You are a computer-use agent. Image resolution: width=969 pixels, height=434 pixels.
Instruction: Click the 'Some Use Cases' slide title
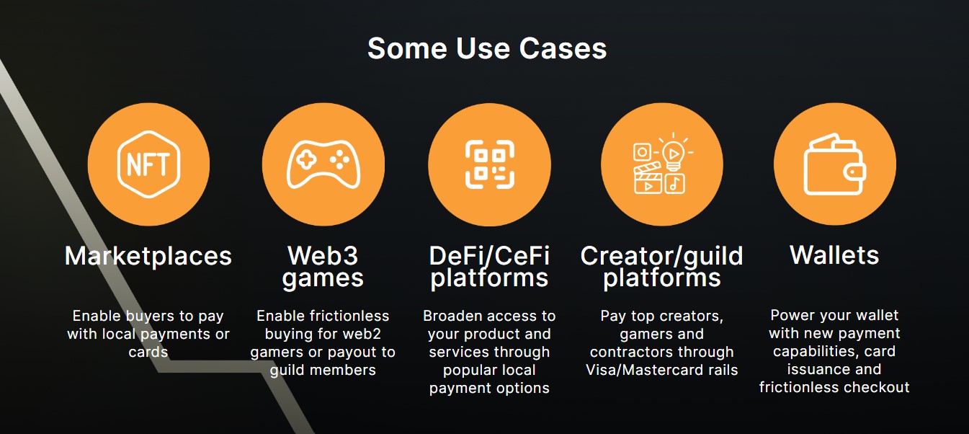(x=487, y=49)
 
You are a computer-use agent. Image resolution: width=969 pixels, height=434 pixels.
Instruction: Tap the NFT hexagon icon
(x=148, y=164)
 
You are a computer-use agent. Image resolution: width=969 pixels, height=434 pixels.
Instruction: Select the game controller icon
(x=323, y=164)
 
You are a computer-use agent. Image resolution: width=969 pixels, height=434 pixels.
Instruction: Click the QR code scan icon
(x=489, y=164)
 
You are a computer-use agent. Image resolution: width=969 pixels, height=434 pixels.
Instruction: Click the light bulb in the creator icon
(x=672, y=153)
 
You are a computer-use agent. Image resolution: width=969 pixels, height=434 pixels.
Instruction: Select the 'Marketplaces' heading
(x=148, y=256)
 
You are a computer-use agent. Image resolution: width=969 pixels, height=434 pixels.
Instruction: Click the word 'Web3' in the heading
(x=323, y=255)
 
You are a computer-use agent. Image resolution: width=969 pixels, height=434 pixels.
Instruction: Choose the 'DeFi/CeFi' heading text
(x=489, y=255)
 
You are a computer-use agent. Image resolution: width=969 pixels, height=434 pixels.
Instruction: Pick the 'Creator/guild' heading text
(x=661, y=255)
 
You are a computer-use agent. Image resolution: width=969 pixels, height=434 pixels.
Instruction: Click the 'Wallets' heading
(x=834, y=255)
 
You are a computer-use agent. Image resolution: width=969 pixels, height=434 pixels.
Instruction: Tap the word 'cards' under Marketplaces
(x=148, y=353)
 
